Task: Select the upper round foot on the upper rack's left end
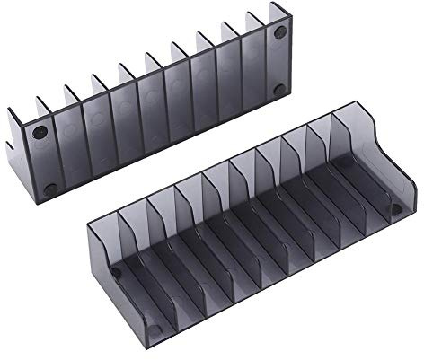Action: [x=38, y=133]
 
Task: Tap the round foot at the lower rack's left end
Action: [x=116, y=272]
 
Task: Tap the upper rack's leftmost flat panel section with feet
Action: [x=45, y=162]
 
